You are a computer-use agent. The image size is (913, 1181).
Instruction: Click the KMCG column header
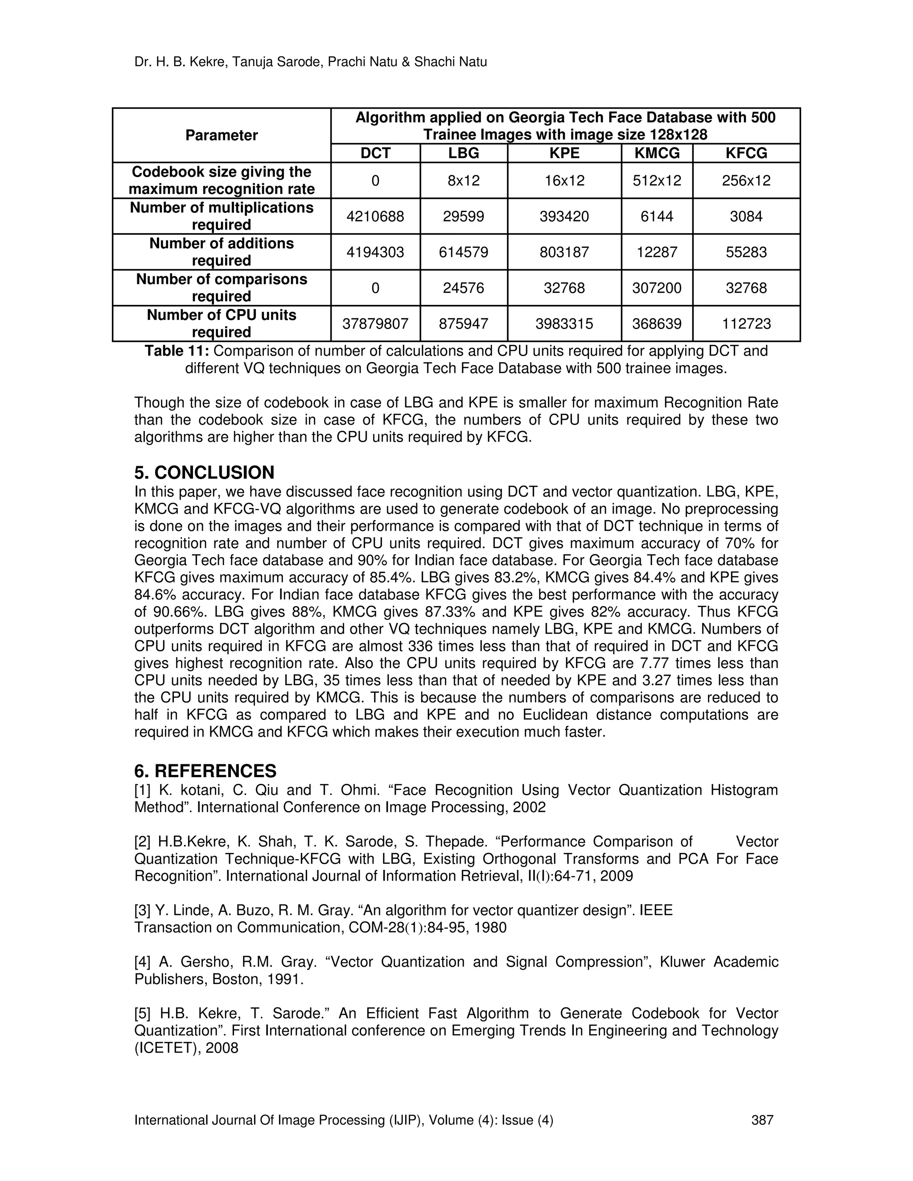tap(657, 153)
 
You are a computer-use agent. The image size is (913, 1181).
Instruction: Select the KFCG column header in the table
tap(746, 153)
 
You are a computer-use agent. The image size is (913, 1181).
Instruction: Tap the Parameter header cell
tap(221, 135)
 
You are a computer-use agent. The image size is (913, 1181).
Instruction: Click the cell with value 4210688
tap(375, 216)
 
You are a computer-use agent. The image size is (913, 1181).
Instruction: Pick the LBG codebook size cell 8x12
tap(464, 180)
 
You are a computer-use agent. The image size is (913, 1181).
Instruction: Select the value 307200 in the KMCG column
tap(657, 288)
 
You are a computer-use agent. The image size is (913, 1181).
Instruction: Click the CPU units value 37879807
tap(375, 324)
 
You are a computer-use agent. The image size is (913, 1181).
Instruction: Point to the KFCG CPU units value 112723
tap(746, 324)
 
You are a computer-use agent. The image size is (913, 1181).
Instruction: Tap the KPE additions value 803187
tap(564, 252)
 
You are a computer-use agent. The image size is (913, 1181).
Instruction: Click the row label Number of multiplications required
tap(221, 216)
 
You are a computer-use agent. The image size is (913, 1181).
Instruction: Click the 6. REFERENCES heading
tap(205, 771)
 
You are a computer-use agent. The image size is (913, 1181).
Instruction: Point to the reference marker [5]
tap(144, 1013)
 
